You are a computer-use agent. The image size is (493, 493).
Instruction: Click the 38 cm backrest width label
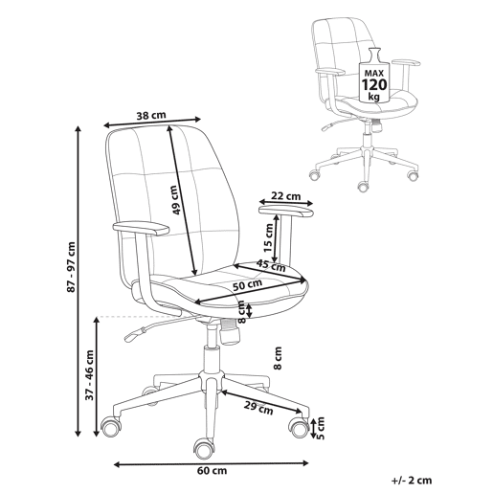(x=151, y=115)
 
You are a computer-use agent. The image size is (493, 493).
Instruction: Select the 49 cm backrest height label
(x=175, y=200)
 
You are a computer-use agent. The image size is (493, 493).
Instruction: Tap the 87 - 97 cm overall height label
(x=72, y=267)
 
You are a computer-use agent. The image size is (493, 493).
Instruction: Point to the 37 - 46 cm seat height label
(x=90, y=375)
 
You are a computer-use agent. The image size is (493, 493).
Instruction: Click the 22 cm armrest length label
(x=286, y=196)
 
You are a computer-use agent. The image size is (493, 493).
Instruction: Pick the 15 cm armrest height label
(x=268, y=238)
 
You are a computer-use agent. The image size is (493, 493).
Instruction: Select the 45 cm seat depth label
(x=271, y=265)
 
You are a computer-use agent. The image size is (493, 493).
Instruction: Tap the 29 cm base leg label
(x=258, y=408)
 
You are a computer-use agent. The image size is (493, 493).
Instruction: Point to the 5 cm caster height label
(x=320, y=428)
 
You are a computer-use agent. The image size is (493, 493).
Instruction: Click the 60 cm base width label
(x=212, y=471)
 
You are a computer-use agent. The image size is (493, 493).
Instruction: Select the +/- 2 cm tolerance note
(x=412, y=481)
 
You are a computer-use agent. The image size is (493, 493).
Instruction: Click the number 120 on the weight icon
(x=374, y=85)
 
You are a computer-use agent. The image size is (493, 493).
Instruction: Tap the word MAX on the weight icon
(x=374, y=73)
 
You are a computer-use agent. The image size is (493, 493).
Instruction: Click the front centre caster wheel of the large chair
(x=203, y=449)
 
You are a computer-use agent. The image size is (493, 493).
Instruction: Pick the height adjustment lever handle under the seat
(x=134, y=335)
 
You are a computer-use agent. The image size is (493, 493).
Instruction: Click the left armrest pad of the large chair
(x=141, y=229)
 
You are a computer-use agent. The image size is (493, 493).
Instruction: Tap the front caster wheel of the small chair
(x=363, y=187)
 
